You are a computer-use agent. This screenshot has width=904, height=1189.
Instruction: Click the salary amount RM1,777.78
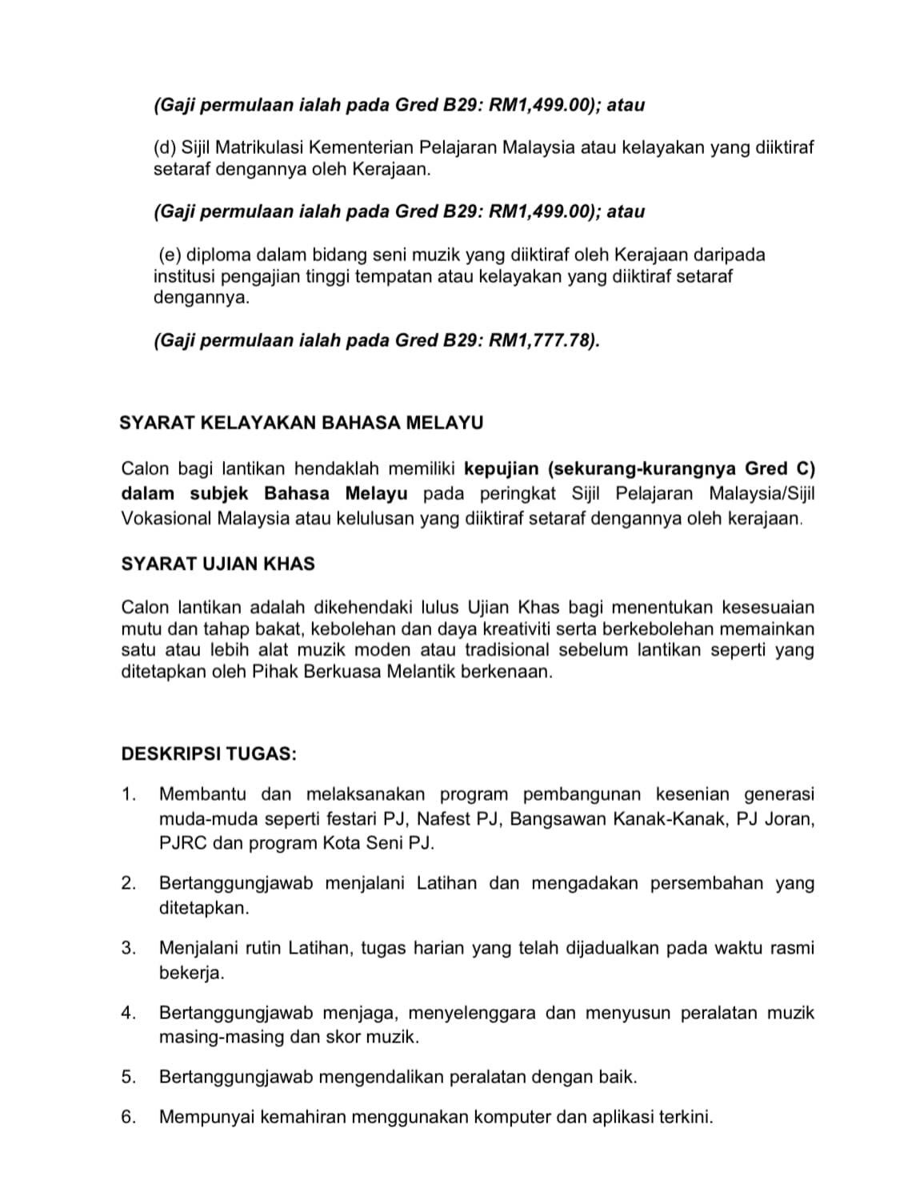coord(542,340)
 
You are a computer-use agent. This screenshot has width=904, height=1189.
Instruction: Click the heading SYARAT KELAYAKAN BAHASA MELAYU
coord(301,423)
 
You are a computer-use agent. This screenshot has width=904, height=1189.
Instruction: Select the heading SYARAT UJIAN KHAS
coord(218,564)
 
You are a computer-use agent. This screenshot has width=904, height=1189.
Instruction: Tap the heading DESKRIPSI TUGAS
coord(208,753)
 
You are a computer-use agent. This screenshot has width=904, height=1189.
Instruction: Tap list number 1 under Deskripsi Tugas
coord(129,794)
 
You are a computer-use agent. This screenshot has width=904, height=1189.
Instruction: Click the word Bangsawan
coord(556,819)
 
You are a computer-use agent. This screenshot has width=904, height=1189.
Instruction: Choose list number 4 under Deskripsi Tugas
coord(129,1013)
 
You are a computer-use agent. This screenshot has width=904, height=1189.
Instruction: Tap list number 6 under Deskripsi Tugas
coord(129,1117)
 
